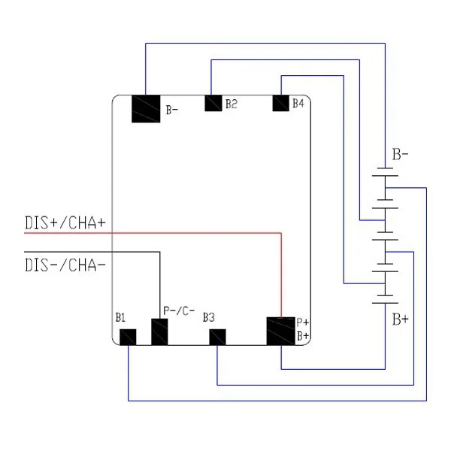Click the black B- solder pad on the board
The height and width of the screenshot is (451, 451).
tap(146, 108)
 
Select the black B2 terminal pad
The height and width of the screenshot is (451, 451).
tap(213, 102)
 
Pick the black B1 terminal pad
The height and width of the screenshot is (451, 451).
tap(128, 337)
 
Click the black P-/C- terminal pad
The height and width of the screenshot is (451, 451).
tap(160, 332)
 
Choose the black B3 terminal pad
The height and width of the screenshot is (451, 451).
tap(216, 337)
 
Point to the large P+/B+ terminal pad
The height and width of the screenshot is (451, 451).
tap(281, 331)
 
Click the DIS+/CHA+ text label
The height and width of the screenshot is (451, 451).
tap(65, 223)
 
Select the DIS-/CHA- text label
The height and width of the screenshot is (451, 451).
tap(65, 265)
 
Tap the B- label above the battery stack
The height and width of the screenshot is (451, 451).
tap(400, 156)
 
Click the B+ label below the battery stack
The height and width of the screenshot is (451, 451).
tap(400, 319)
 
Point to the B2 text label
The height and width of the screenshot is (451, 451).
tap(232, 103)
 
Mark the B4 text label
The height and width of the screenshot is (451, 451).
tap(298, 103)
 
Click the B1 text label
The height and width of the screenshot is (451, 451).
tap(120, 317)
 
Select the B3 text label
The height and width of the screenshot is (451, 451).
tap(209, 317)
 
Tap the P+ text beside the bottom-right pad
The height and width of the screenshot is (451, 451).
tap(303, 322)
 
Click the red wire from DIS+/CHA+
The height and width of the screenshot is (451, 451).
tap(188, 233)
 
